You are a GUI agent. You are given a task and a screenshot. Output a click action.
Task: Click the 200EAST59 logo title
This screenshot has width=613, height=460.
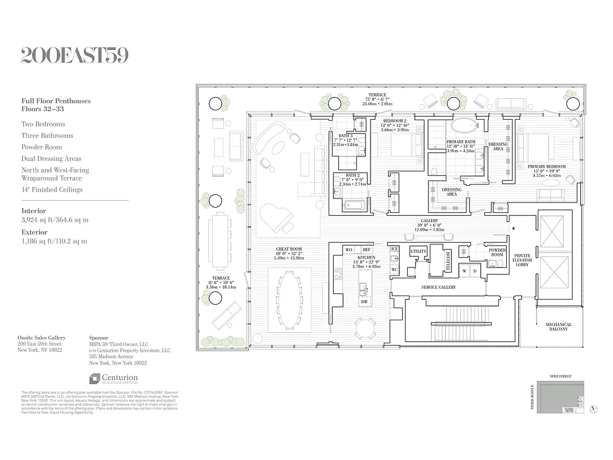(x=75, y=55)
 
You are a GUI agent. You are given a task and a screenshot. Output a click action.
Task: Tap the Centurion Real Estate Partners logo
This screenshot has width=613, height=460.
(x=113, y=378)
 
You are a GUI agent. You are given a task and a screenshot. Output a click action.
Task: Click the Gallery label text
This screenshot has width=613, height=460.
(x=429, y=221)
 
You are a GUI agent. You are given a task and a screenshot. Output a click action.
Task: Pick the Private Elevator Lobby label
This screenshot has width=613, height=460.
(x=522, y=260)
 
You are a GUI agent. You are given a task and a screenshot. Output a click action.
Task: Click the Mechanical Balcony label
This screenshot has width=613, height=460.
(x=558, y=327)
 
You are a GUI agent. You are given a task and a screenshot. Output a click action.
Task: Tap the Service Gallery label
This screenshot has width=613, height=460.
(x=438, y=287)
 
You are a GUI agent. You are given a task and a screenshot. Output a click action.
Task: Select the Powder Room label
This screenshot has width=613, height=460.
(x=497, y=252)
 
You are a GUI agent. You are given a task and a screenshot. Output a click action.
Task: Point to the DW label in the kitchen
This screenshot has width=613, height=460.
(x=364, y=301)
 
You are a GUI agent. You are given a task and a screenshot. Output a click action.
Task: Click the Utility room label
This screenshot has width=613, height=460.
(x=418, y=252)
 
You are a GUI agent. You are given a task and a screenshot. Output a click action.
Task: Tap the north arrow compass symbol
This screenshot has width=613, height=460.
(x=594, y=409)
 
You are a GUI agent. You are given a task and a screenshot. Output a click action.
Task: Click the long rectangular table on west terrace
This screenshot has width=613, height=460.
(x=219, y=240)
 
